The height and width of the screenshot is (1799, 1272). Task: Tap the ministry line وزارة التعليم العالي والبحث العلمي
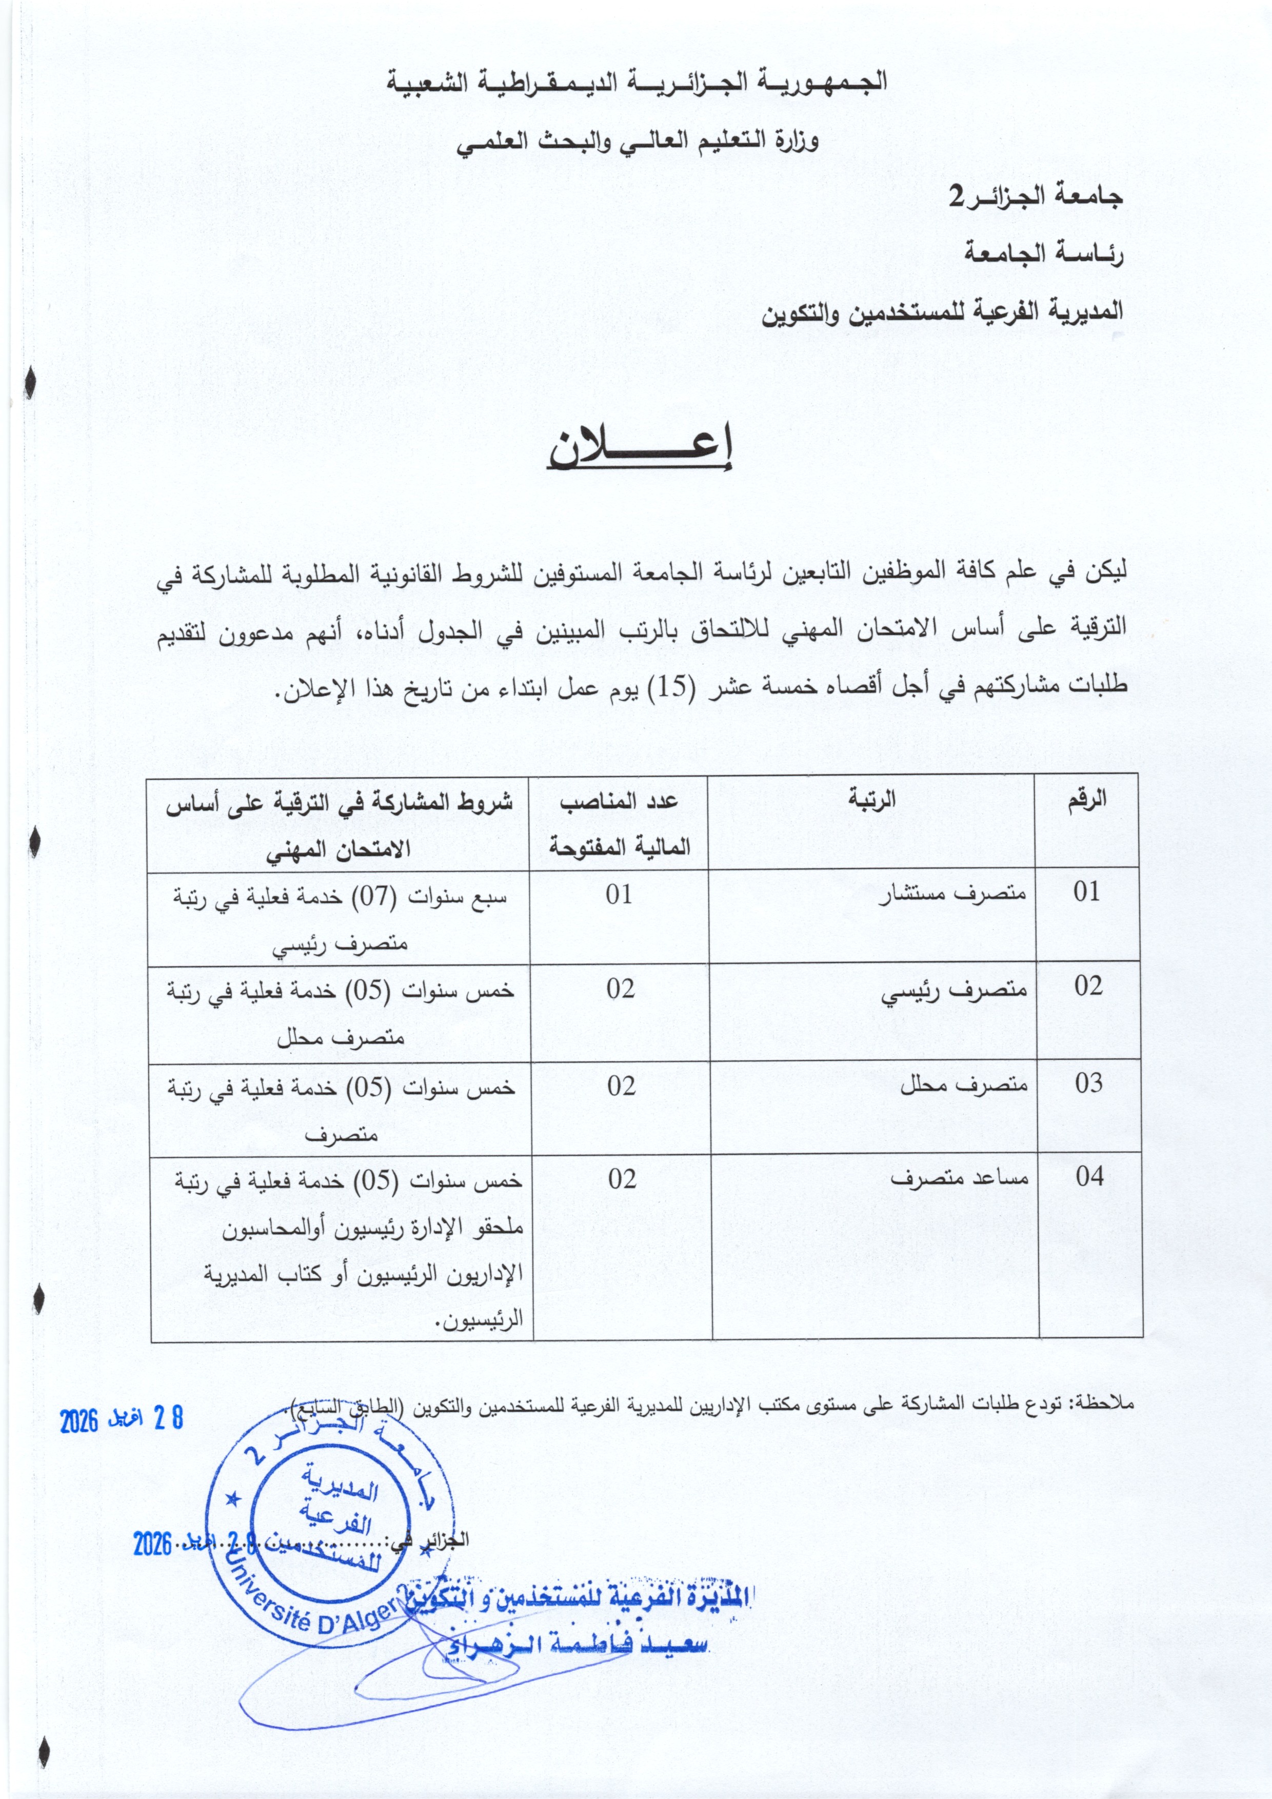(639, 141)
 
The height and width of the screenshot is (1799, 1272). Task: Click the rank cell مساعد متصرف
(959, 1178)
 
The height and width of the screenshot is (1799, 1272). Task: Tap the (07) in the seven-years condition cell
(367, 896)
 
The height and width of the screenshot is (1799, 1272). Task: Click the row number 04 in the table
(1089, 1176)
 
